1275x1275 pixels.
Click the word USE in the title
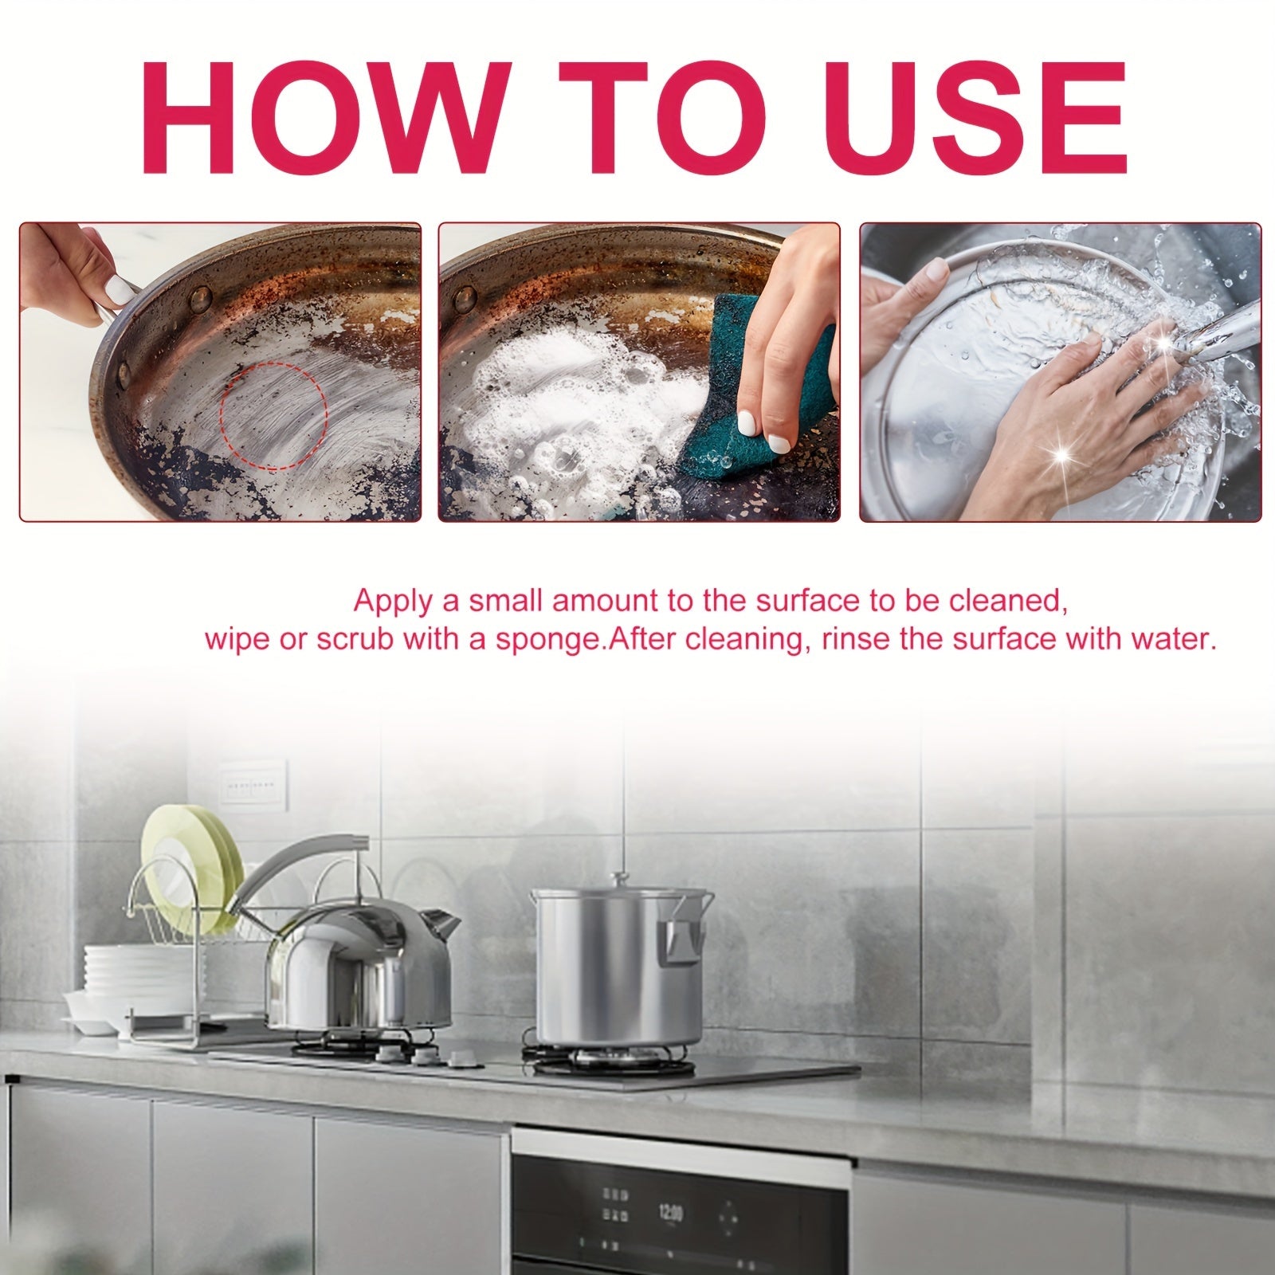coord(971,120)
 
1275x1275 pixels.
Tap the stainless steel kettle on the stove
coord(359,972)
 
